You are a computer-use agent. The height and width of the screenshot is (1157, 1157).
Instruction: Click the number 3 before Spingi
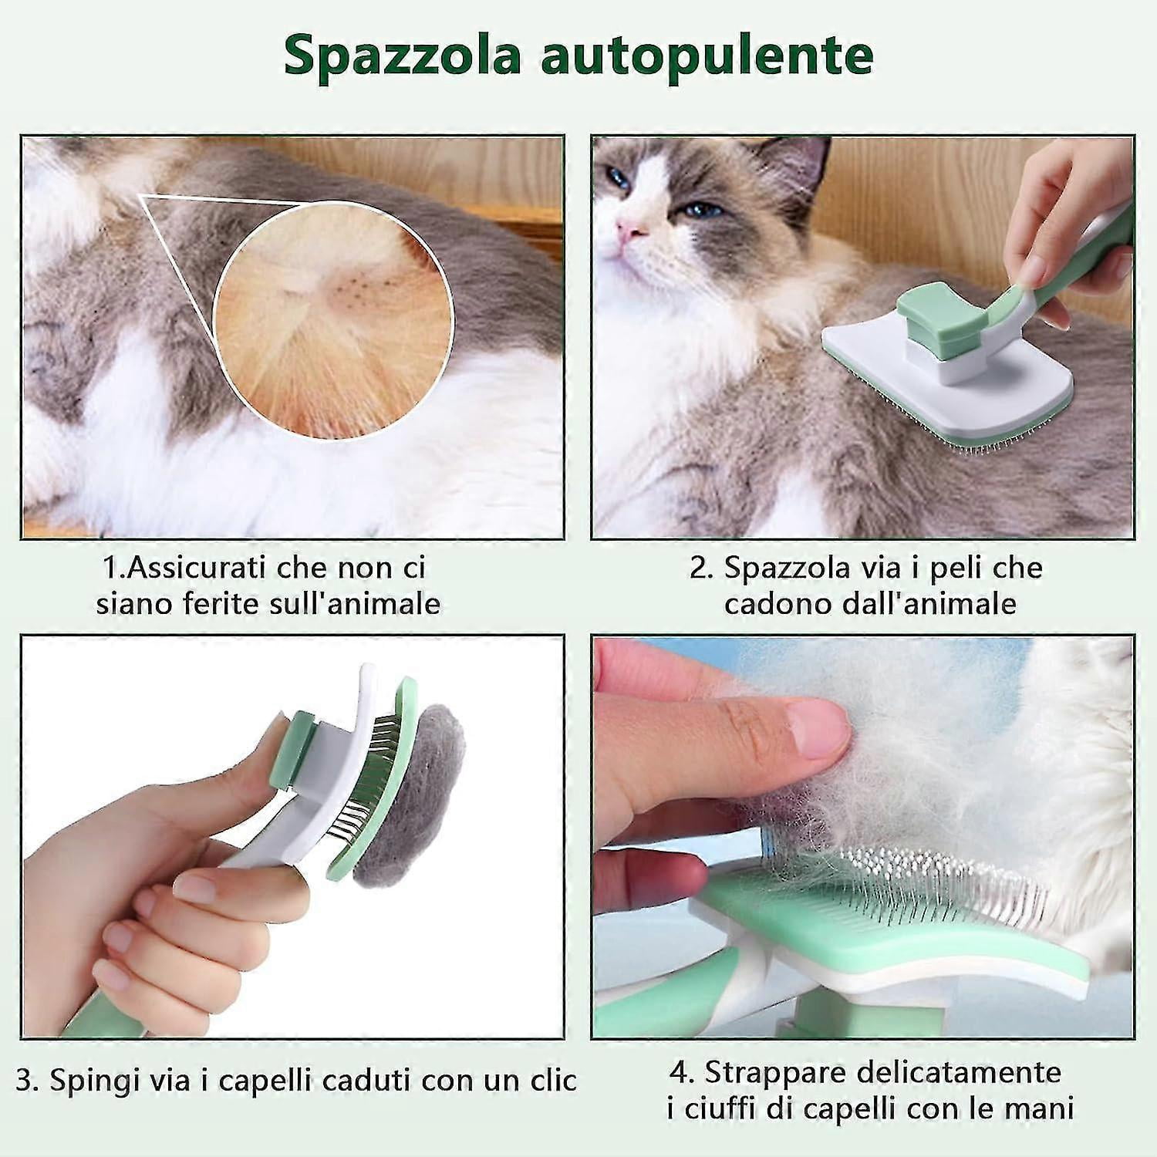[x=25, y=1081]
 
